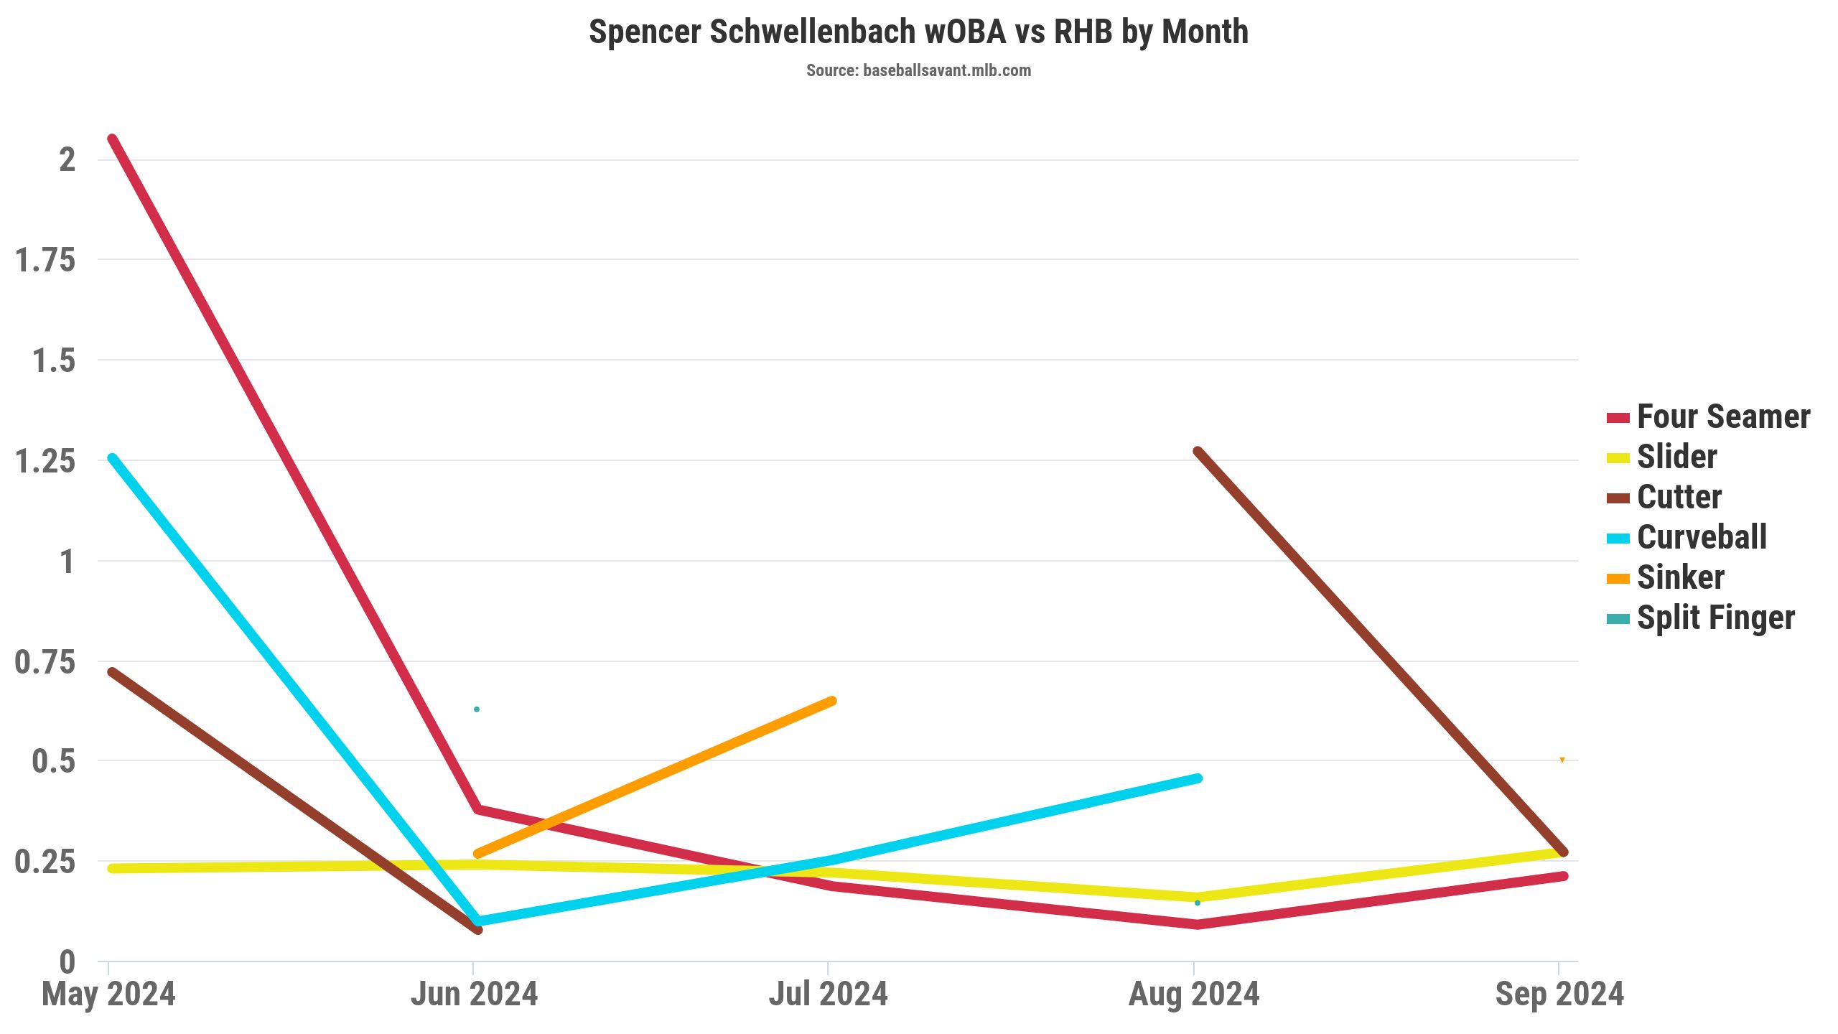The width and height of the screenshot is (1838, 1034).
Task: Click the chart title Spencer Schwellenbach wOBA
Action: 918,32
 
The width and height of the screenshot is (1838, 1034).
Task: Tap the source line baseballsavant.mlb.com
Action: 918,70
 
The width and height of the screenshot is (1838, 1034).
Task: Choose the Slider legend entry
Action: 1676,457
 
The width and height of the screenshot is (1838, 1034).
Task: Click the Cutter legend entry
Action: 1679,498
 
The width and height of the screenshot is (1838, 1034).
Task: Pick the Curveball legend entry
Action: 1702,538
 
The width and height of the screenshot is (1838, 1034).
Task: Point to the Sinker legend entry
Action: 1680,578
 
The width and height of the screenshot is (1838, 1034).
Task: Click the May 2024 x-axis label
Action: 108,995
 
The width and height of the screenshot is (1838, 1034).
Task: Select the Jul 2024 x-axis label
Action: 828,995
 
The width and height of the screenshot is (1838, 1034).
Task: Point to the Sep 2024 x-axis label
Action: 1559,995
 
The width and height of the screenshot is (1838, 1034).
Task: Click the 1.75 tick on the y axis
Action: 45,260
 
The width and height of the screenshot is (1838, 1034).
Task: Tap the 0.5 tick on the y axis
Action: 53,761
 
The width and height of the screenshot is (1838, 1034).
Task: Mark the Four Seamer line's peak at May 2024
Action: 112,139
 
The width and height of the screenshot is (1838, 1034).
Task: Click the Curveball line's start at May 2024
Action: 112,458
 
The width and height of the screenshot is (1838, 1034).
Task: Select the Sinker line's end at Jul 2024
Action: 831,701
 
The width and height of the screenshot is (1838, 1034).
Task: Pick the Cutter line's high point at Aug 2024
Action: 1198,452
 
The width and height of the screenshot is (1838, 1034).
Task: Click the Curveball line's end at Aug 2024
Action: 1198,778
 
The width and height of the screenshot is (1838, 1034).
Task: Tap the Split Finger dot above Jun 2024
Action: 477,709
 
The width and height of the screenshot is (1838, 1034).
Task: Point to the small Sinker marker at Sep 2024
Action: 1562,760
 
